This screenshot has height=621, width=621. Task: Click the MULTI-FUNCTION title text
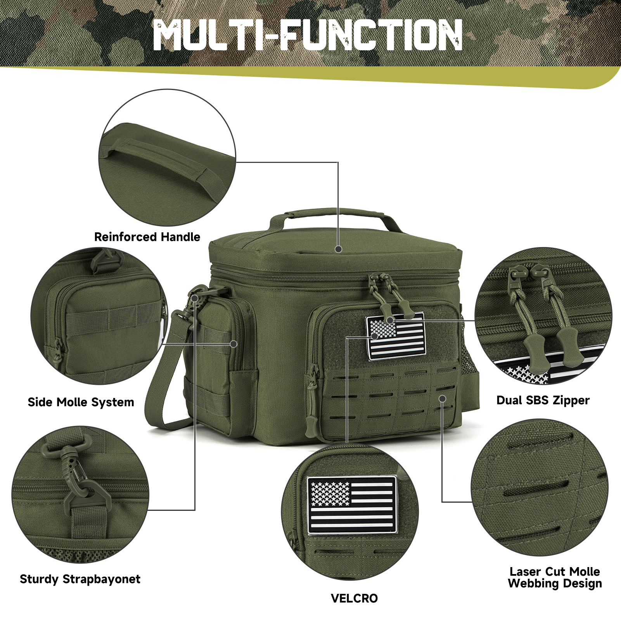tap(308, 35)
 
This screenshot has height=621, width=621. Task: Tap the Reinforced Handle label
tap(147, 237)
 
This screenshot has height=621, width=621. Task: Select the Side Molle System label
tap(81, 402)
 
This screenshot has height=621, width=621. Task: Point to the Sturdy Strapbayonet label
tap(80, 579)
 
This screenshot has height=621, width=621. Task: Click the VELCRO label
tap(354, 598)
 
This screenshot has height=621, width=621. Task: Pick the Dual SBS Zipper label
tap(543, 400)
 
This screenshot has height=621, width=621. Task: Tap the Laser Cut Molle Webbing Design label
tap(555, 577)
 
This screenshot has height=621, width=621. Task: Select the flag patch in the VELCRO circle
tap(352, 505)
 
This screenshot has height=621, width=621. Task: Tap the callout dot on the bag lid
tap(338, 249)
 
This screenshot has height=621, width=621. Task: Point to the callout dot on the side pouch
tap(234, 344)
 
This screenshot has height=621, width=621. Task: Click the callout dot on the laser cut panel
tap(442, 398)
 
